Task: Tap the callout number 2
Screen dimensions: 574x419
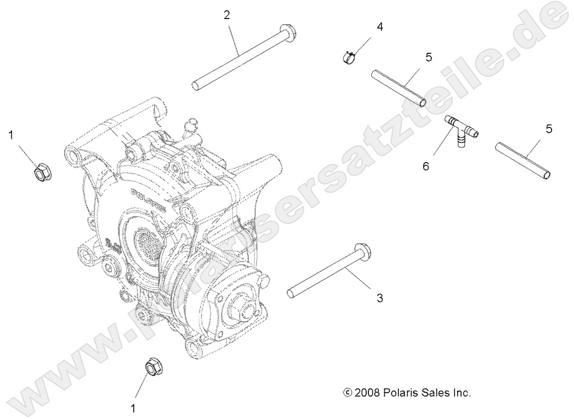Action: click(x=226, y=15)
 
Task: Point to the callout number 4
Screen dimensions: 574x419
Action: click(x=380, y=26)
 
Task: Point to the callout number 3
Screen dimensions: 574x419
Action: click(x=380, y=298)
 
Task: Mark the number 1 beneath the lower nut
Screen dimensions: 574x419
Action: click(x=133, y=409)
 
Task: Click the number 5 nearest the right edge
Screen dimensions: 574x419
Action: click(x=549, y=129)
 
